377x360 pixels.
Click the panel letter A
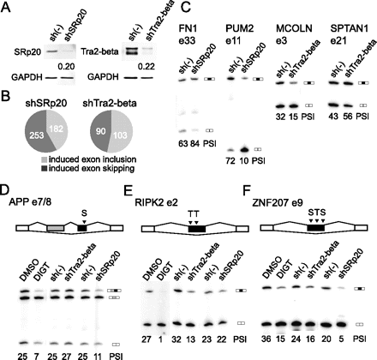click(x=6, y=7)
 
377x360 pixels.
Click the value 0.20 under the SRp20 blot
click(x=66, y=67)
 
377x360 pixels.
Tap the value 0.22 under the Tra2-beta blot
click(x=147, y=67)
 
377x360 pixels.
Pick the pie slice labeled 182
click(x=57, y=126)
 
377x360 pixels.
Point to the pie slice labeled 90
click(x=100, y=130)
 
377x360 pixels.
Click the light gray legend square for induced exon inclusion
click(x=44, y=159)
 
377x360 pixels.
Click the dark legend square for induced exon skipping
click(x=44, y=168)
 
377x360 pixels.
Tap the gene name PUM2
click(x=239, y=28)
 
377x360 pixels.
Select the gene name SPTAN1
click(x=350, y=28)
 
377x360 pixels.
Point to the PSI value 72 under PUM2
click(x=230, y=161)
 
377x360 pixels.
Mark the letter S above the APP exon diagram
click(x=84, y=213)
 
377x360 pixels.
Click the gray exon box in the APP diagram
click(x=56, y=228)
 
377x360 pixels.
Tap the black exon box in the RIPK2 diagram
click(x=197, y=229)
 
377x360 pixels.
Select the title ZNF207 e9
click(x=278, y=202)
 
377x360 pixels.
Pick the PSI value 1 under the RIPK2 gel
click(x=163, y=339)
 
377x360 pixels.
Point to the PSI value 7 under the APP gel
click(x=36, y=356)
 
